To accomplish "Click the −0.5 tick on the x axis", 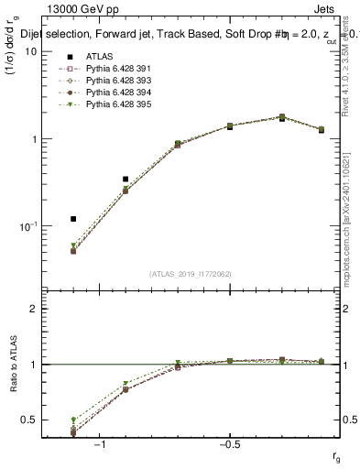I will (x=228, y=444).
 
